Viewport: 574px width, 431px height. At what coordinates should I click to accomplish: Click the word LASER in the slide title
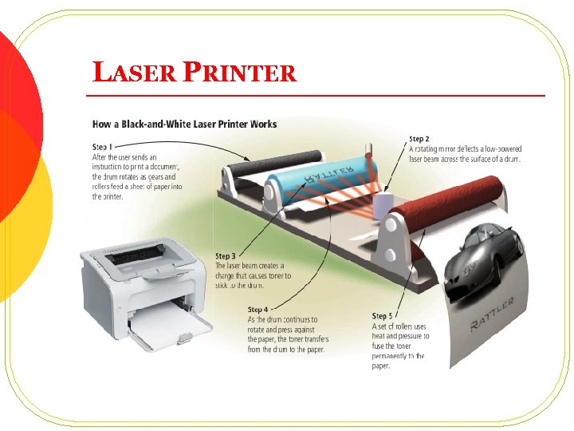[133, 73]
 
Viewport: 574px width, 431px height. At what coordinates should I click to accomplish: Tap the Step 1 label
[102, 147]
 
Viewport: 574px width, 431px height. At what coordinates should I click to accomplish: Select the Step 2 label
[419, 139]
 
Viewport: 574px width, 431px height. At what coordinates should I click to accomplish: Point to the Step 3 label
[226, 256]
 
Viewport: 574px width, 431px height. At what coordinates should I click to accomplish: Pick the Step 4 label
[258, 309]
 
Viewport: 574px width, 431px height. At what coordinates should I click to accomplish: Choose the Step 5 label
[383, 316]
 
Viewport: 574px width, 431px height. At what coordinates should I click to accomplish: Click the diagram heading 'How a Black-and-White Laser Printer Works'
[185, 124]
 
